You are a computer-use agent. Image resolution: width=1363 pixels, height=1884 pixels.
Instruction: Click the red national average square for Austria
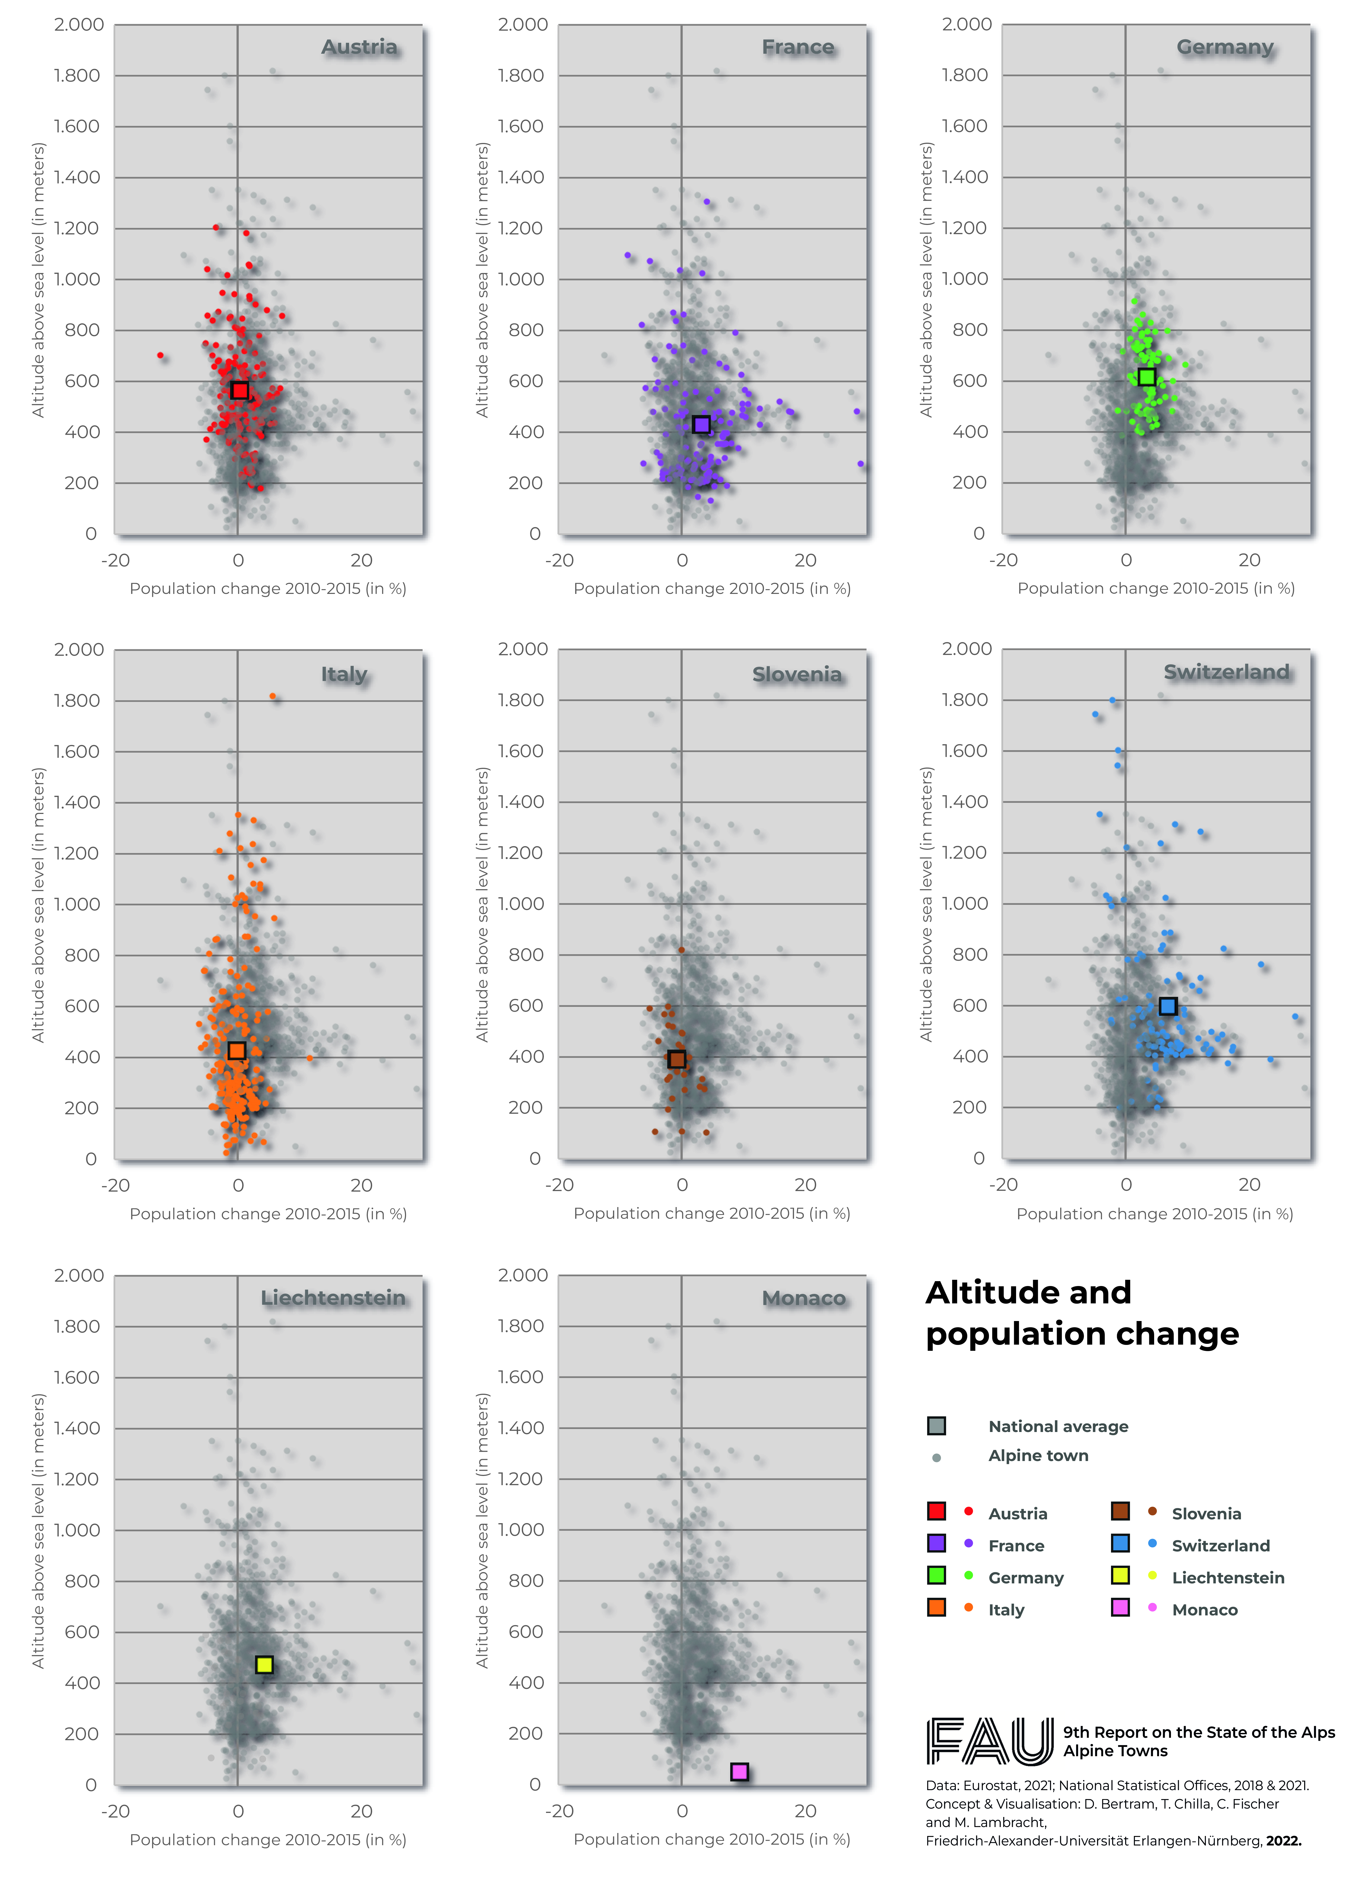239,390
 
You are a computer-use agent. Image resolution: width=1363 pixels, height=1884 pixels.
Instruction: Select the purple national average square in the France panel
701,425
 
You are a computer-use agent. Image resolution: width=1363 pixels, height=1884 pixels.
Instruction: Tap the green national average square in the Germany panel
1146,377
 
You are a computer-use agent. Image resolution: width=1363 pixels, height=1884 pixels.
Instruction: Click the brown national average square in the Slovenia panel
677,1059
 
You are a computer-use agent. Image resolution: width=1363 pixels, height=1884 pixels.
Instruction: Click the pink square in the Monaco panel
739,1772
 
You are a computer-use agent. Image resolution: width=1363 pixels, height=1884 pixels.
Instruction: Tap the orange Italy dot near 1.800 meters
272,696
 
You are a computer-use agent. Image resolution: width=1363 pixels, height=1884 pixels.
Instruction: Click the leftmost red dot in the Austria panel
160,355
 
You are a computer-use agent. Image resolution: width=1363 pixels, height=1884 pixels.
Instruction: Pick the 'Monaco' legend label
1204,1610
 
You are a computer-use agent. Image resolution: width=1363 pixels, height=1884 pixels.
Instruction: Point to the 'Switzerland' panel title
1226,672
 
